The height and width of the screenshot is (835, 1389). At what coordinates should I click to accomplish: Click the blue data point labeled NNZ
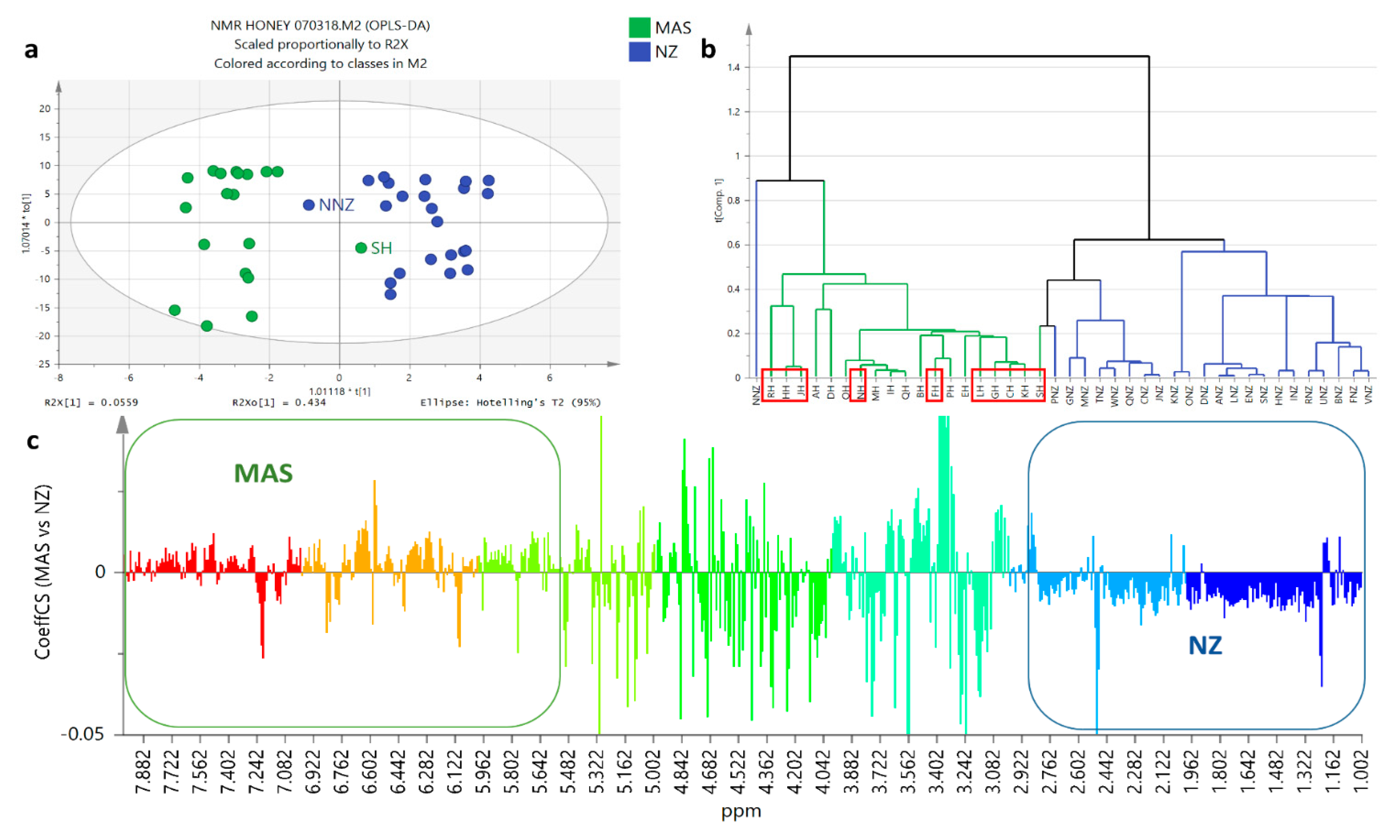308,205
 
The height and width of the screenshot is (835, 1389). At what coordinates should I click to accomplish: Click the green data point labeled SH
361,247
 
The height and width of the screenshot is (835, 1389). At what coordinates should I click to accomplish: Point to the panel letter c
33,441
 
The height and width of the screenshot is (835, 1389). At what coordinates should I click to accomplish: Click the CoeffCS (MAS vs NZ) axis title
43,571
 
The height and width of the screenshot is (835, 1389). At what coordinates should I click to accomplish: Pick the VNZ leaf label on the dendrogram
1368,394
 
